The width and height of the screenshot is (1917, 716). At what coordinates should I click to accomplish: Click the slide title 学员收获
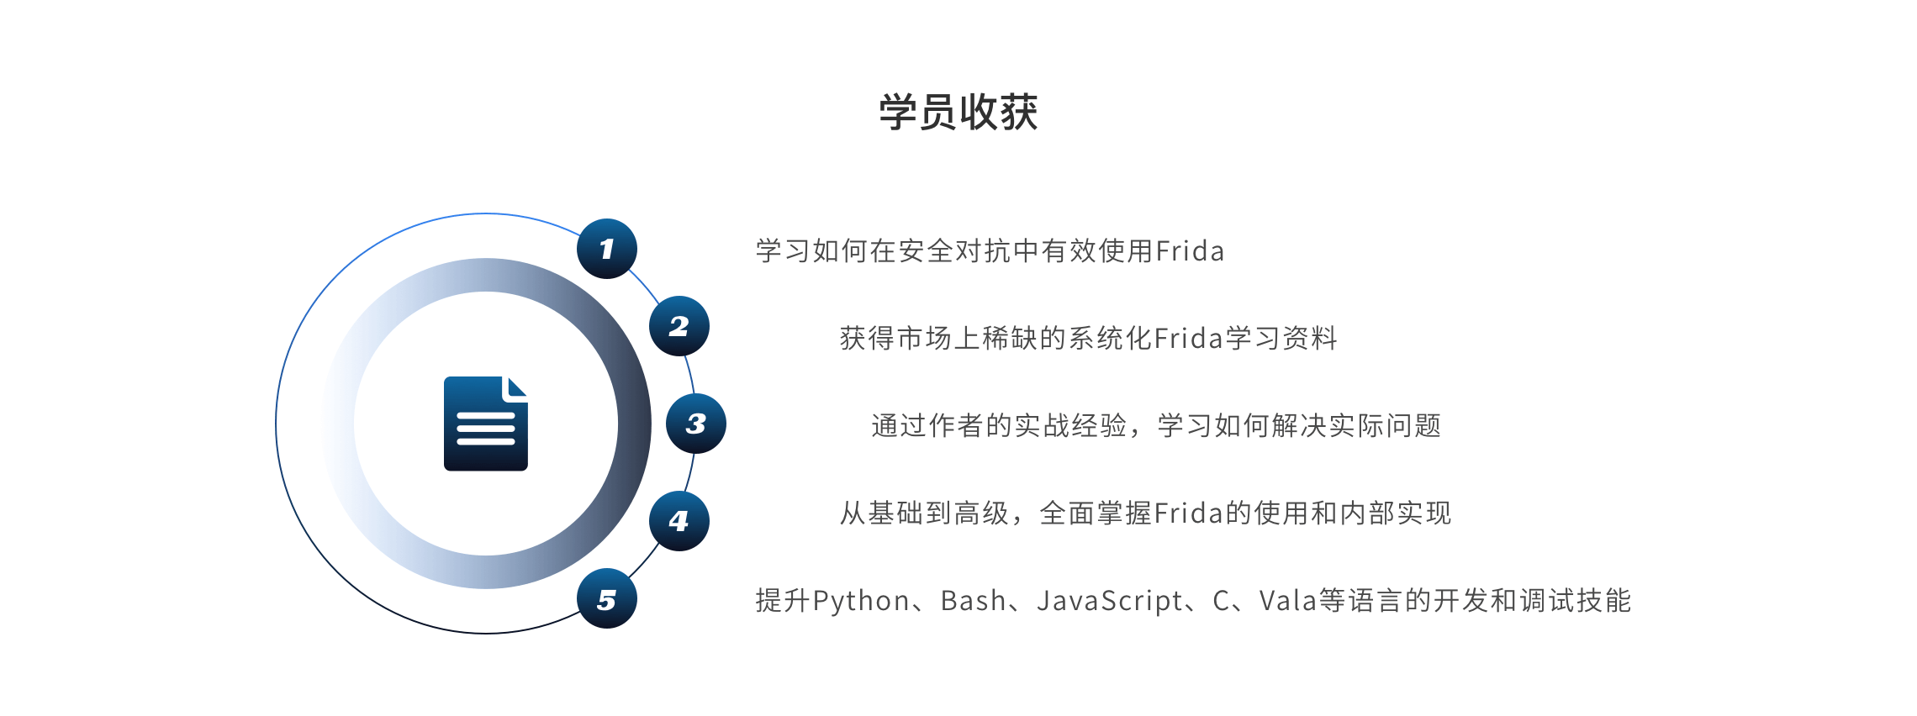[x=958, y=112]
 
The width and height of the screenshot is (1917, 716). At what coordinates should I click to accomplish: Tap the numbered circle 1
[x=606, y=249]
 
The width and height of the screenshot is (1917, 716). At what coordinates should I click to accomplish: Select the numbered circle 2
[x=679, y=326]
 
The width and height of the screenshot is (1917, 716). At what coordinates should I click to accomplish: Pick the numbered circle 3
[x=695, y=424]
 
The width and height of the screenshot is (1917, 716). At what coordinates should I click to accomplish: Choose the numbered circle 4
[x=679, y=521]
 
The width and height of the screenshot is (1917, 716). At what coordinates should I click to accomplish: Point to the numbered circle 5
[x=606, y=599]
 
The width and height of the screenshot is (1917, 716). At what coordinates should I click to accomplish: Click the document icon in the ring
[x=485, y=424]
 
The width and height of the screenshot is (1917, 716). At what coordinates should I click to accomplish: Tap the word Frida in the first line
[x=1190, y=251]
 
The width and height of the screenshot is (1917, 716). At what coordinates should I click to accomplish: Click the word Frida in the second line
[x=1188, y=339]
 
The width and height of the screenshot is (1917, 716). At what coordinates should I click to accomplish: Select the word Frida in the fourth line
[x=1188, y=513]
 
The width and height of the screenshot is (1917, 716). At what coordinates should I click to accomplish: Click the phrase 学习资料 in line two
[x=1281, y=339]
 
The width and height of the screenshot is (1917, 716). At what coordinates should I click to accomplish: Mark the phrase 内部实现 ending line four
[x=1396, y=513]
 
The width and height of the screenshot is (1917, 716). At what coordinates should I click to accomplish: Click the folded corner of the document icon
[x=515, y=387]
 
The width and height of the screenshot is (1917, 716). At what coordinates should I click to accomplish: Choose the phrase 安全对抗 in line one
[x=955, y=251]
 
